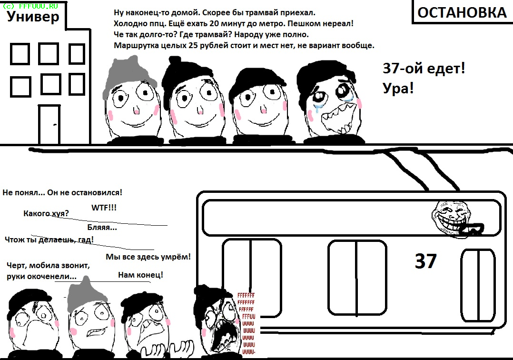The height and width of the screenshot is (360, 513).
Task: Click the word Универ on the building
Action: click(x=33, y=16)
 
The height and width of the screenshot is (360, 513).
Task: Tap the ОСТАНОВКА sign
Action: click(x=462, y=12)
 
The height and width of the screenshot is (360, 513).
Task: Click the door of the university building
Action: click(x=49, y=125)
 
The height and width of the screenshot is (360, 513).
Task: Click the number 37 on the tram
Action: click(x=425, y=261)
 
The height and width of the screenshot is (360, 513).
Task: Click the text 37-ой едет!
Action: click(x=424, y=69)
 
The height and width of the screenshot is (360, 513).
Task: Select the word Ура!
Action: click(x=398, y=88)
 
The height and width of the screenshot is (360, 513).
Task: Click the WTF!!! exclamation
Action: click(x=104, y=208)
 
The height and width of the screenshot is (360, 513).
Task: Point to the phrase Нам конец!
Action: click(x=140, y=275)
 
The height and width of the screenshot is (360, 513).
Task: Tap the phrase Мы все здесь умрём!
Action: click(x=148, y=257)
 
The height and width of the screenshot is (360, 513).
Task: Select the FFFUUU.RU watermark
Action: click(x=30, y=6)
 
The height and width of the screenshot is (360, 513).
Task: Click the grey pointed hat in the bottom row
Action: click(x=87, y=295)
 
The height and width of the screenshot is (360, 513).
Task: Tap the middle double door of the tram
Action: click(x=357, y=278)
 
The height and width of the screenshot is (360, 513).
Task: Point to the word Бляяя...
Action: click(x=102, y=228)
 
